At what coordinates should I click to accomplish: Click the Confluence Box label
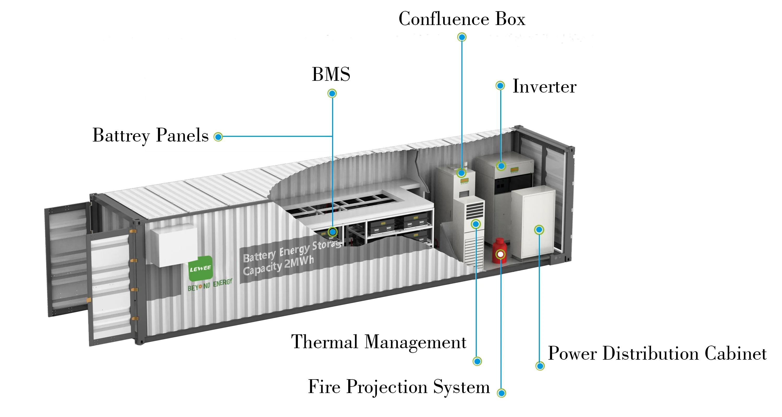(x=462, y=19)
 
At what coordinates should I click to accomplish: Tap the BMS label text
(x=331, y=74)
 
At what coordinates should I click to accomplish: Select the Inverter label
(x=544, y=87)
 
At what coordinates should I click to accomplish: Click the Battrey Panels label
(x=151, y=135)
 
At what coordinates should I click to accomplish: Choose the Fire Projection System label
(x=399, y=387)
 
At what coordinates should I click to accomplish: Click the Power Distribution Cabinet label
(x=657, y=354)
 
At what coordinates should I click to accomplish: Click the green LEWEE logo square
(x=200, y=268)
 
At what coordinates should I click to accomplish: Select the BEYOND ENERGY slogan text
(x=210, y=285)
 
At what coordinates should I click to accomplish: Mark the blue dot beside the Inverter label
(x=500, y=85)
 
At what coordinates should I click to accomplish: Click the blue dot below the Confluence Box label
(x=462, y=37)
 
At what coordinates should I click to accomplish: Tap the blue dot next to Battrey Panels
(x=218, y=137)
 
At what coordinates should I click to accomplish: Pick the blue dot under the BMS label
(x=332, y=93)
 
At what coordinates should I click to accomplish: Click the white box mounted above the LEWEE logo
(x=174, y=245)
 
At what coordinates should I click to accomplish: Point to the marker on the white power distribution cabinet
(x=539, y=230)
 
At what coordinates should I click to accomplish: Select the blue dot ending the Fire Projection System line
(x=502, y=393)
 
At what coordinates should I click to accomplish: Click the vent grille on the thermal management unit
(x=474, y=209)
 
